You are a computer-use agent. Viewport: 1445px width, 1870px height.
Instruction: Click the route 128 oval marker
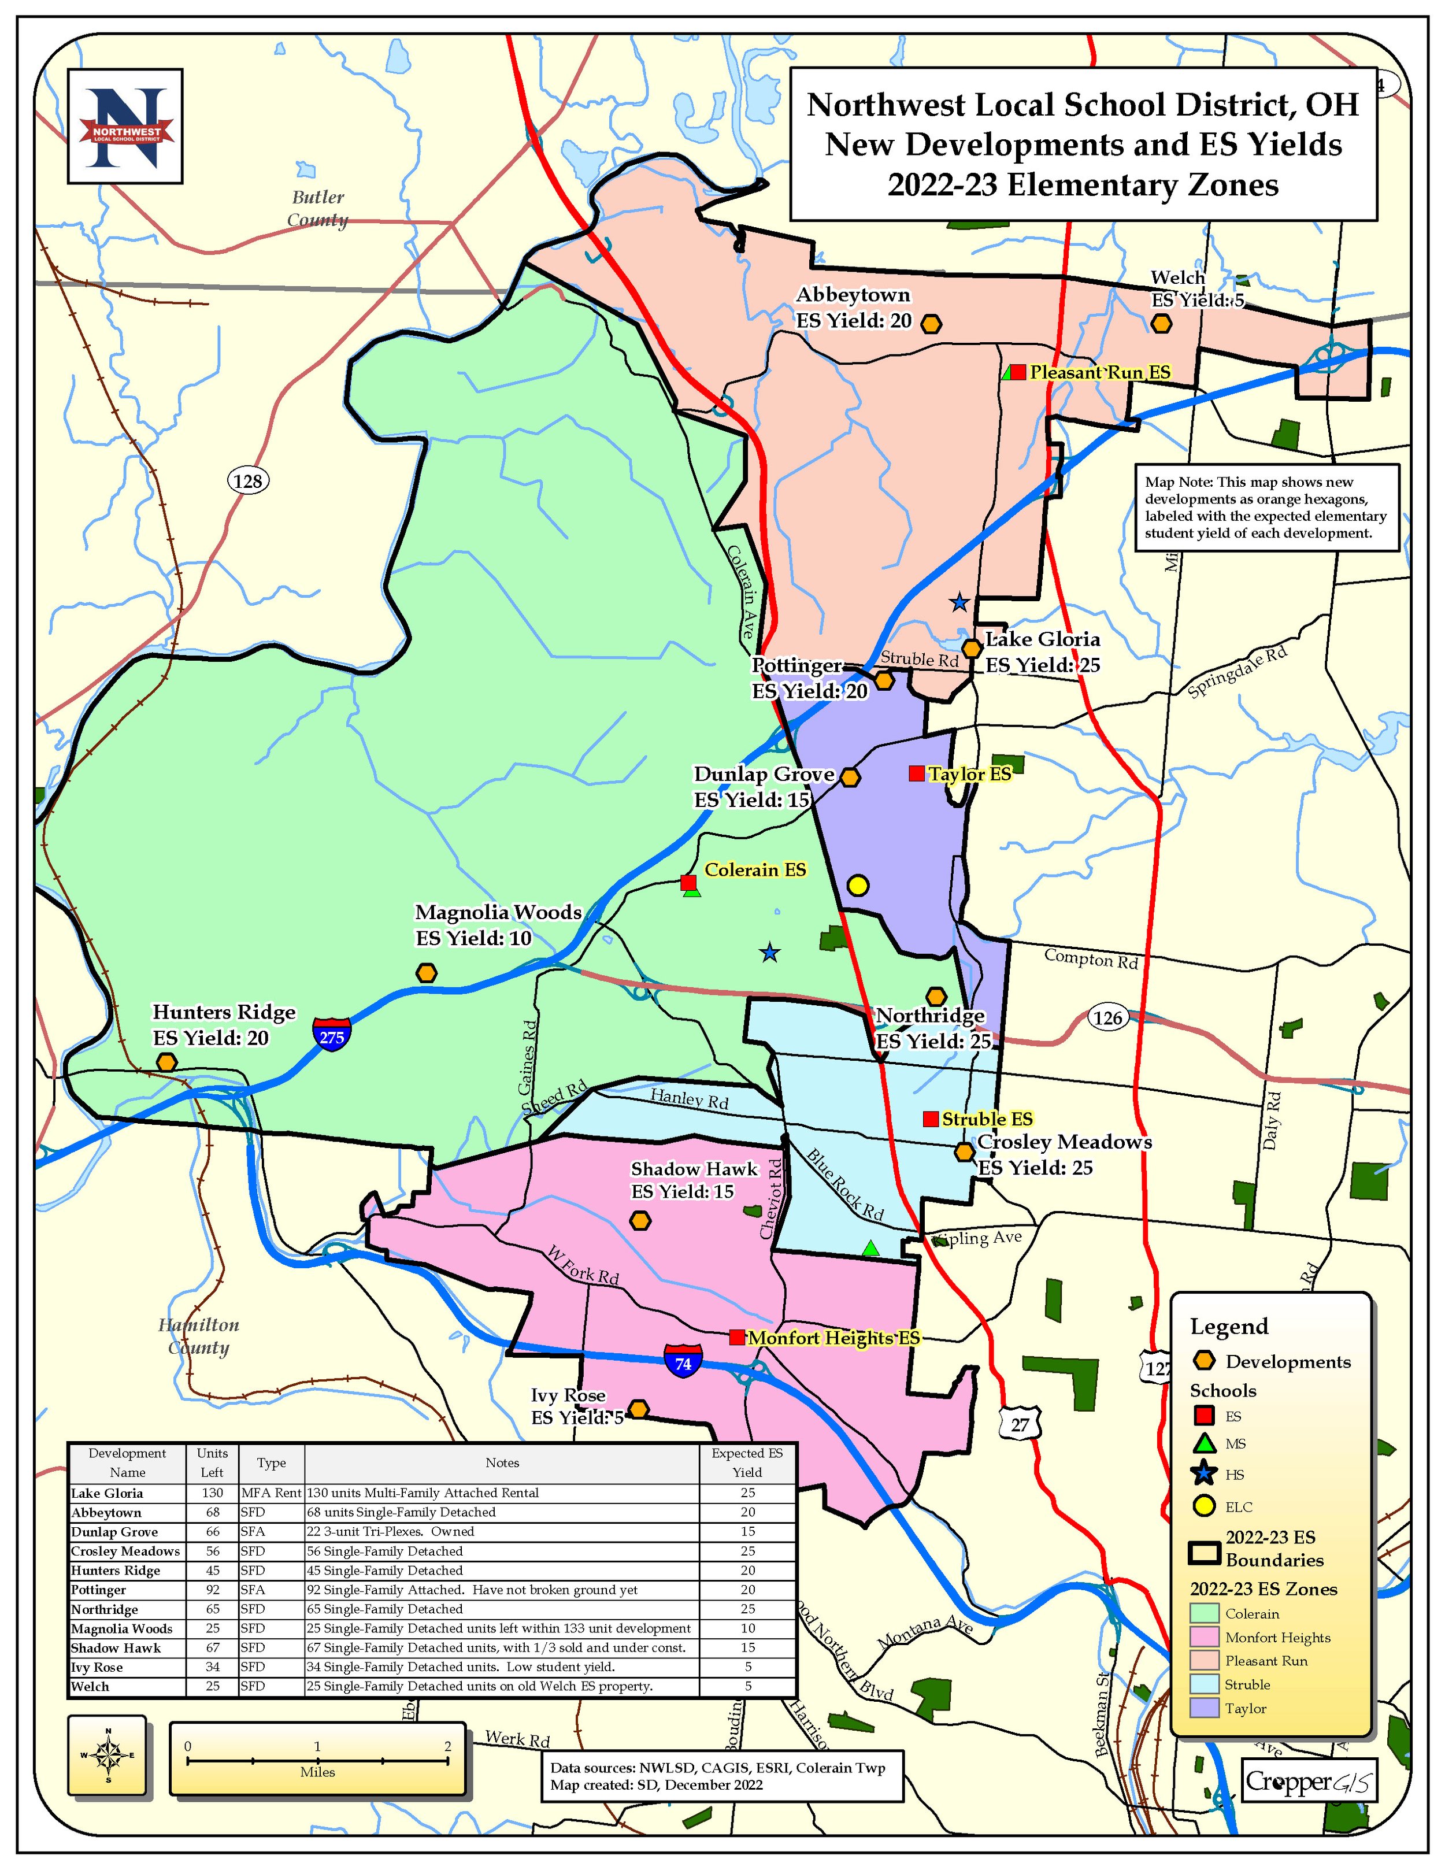coord(247,480)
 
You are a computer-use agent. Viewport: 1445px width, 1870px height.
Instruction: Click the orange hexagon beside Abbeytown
coord(931,324)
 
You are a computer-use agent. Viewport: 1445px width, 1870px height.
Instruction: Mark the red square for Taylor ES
coord(916,774)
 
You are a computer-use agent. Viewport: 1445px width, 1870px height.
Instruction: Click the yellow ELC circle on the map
coord(858,886)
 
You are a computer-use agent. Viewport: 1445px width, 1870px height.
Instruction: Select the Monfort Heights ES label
coord(834,1338)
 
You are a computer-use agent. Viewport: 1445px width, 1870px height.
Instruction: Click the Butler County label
coord(317,208)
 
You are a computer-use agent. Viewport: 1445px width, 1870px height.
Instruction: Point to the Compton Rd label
coord(1091,960)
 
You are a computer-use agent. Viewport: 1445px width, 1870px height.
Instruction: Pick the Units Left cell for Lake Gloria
coord(212,1493)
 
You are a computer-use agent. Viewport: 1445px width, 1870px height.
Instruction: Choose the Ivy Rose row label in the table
coord(97,1667)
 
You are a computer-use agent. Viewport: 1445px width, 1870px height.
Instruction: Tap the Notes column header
coord(502,1463)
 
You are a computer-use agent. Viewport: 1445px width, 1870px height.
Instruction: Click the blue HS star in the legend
coord(1205,1473)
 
